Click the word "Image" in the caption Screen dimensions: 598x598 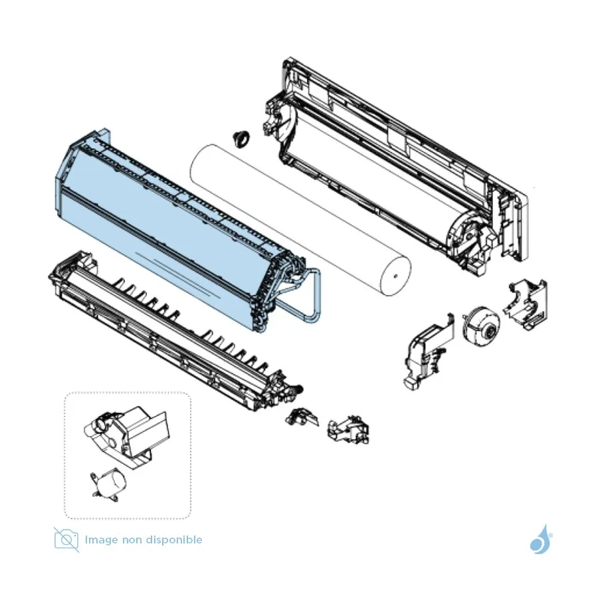point(101,540)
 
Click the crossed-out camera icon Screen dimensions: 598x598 point(66,540)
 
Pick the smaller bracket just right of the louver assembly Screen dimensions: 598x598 point(300,417)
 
